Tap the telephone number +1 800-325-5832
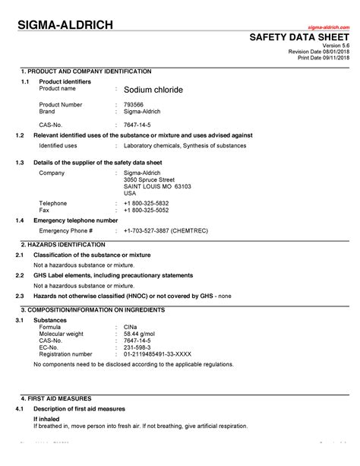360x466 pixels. (x=147, y=203)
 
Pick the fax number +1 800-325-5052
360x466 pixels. (x=147, y=210)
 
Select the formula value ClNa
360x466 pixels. (x=130, y=326)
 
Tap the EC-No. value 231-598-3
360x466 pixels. (x=137, y=347)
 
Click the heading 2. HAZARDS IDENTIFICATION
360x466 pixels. (x=63, y=245)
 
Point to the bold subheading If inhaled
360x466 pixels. (x=47, y=419)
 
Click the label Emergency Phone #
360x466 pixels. (x=66, y=230)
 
